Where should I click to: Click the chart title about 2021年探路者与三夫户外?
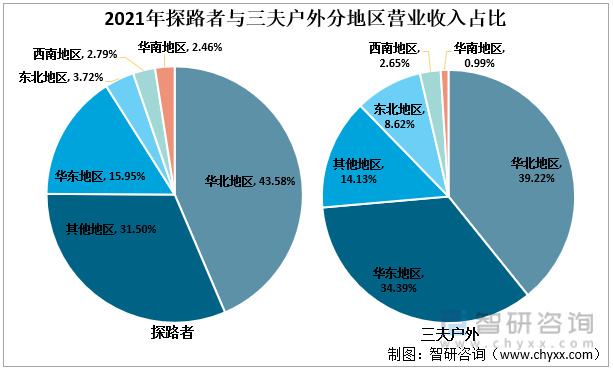click(306, 18)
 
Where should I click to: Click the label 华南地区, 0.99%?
click(480, 55)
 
